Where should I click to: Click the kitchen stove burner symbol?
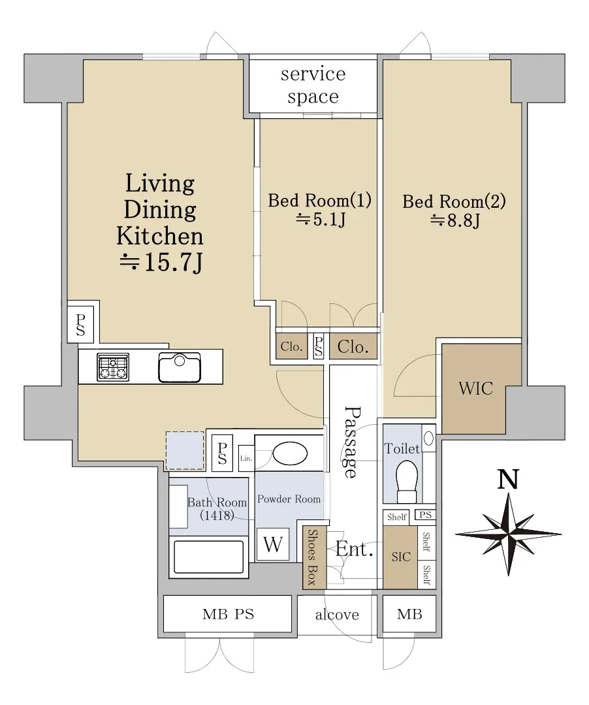[113, 367]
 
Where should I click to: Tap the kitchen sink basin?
[180, 367]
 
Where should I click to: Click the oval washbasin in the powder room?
[290, 453]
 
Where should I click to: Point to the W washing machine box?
[273, 544]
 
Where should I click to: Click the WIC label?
[476, 389]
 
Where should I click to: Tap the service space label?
[313, 85]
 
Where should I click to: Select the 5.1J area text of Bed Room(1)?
[321, 220]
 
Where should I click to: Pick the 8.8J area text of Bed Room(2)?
[455, 220]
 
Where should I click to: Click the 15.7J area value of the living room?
[161, 262]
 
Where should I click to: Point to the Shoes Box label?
[311, 557]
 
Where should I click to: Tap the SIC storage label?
[401, 557]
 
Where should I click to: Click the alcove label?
[337, 615]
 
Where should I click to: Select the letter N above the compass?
[508, 479]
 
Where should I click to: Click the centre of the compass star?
[509, 534]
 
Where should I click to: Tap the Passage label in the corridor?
[352, 442]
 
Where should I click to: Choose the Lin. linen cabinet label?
[246, 458]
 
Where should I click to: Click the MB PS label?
[228, 614]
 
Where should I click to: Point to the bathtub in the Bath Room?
[209, 556]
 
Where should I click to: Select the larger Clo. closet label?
[353, 347]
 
